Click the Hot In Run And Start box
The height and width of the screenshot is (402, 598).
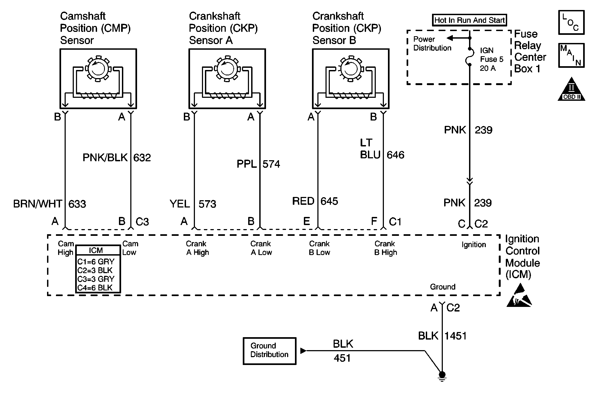point(469,20)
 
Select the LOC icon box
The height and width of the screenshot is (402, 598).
point(571,22)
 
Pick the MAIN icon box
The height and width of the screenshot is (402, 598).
point(571,55)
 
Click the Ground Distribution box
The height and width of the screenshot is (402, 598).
point(270,351)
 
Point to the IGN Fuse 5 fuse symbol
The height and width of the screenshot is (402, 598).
point(470,57)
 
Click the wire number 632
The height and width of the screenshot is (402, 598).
point(142,158)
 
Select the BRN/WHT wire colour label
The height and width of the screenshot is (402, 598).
point(38,204)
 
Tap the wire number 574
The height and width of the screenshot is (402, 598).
point(271,164)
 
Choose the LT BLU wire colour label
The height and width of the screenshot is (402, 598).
point(370,149)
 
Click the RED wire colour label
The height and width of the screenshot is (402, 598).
point(303,201)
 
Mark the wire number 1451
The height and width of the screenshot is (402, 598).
point(456,336)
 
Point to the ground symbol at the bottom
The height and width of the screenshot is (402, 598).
point(442,376)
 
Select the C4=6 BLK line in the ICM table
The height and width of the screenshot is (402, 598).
point(95,288)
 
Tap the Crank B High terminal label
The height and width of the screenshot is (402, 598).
point(386,248)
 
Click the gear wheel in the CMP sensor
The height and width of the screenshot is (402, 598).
point(98,69)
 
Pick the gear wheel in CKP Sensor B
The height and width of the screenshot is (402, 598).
point(351,69)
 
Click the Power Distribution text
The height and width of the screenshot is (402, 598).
point(432,43)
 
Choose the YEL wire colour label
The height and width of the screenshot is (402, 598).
point(180,204)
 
